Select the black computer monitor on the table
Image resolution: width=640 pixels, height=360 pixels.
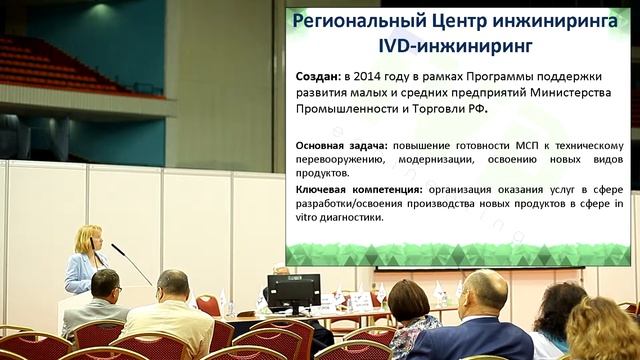coord(294,291)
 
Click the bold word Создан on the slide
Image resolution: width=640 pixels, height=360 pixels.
coord(318,76)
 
